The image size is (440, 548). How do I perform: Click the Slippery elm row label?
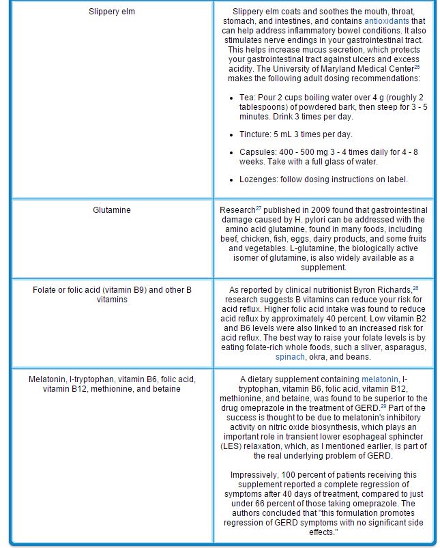[112, 12]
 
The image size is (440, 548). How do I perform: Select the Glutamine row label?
[112, 210]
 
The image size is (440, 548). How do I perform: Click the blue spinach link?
[290, 357]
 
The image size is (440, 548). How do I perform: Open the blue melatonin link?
[380, 379]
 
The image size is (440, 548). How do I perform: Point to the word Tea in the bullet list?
[247, 98]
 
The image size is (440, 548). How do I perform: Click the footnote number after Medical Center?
[417, 67]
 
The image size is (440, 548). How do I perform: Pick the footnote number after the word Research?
[259, 207]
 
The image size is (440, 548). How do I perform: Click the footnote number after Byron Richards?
[415, 287]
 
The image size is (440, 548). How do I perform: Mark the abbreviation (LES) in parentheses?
[231, 446]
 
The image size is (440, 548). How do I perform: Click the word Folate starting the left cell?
[44, 290]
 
